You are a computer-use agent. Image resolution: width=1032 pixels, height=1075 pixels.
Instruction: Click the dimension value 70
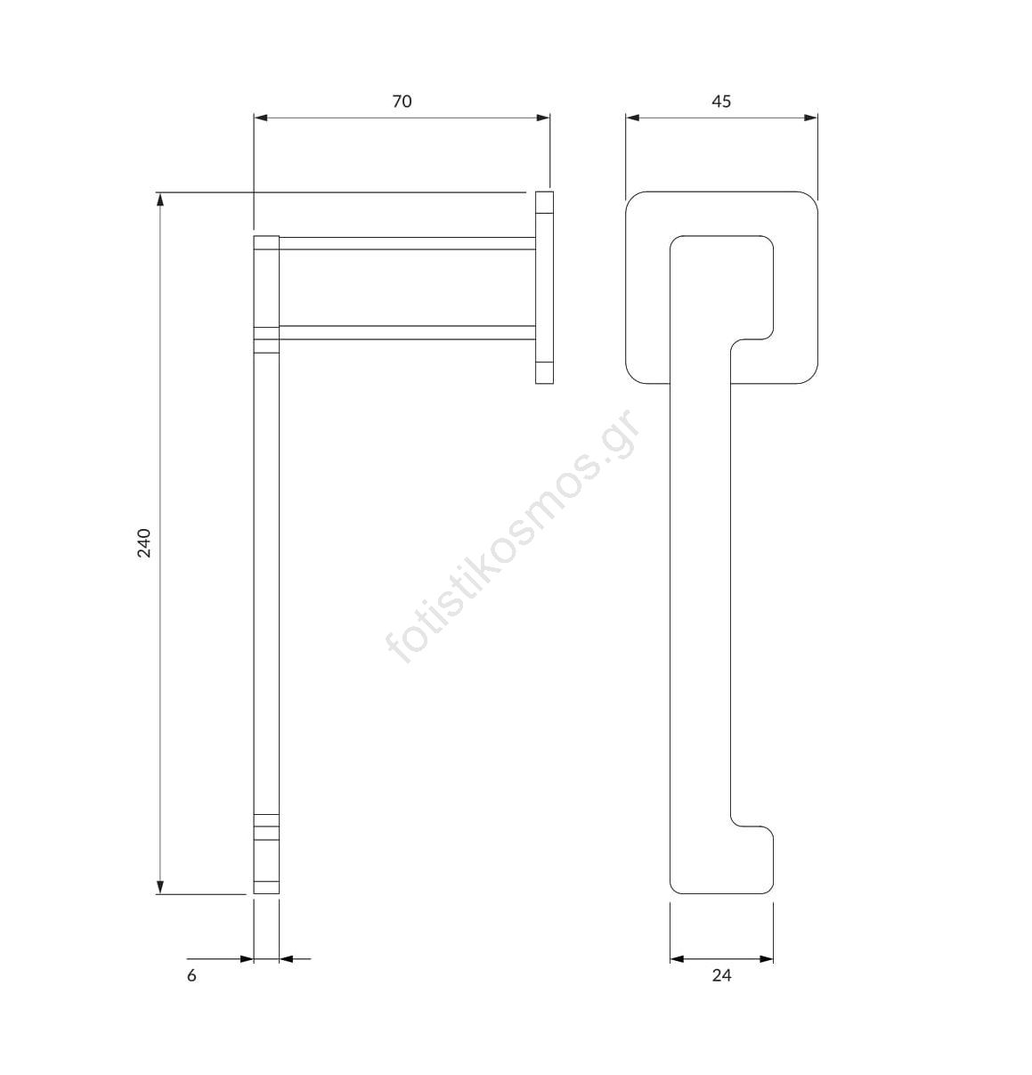coord(402,102)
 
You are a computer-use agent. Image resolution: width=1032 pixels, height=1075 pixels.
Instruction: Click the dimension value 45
coord(721,102)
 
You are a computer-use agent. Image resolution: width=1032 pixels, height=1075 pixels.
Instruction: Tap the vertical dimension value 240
coord(144,543)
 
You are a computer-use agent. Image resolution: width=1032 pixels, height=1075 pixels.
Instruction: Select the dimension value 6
coord(191,975)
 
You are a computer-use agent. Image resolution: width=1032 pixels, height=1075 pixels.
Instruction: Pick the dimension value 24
coord(721,975)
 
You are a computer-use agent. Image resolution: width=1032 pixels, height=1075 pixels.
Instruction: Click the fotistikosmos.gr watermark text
coord(512,536)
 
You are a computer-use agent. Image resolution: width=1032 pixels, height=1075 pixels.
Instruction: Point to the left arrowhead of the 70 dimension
coord(261,118)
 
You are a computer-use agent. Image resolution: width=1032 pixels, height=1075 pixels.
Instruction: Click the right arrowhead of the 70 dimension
coord(543,118)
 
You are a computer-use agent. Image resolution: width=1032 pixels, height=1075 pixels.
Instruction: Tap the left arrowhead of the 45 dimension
coord(632,118)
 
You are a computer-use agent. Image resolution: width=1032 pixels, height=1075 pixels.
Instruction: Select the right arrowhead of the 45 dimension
coord(810,118)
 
